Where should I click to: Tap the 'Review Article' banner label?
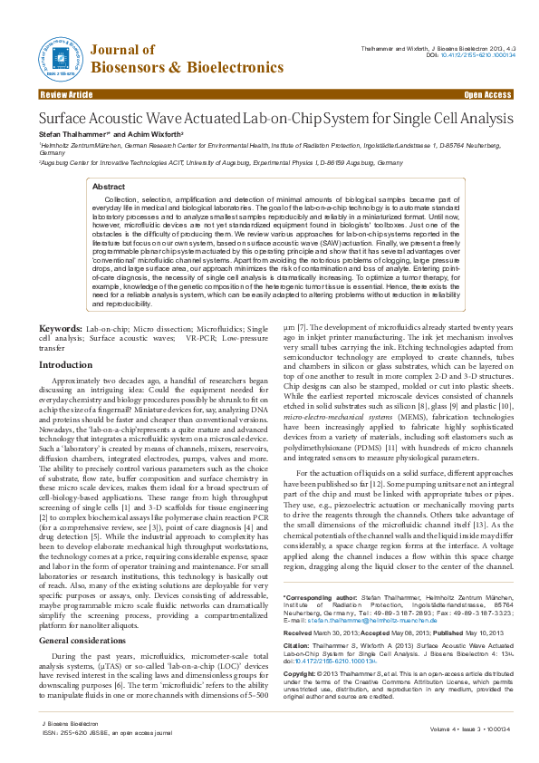point(66,94)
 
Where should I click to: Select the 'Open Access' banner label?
point(488,94)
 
